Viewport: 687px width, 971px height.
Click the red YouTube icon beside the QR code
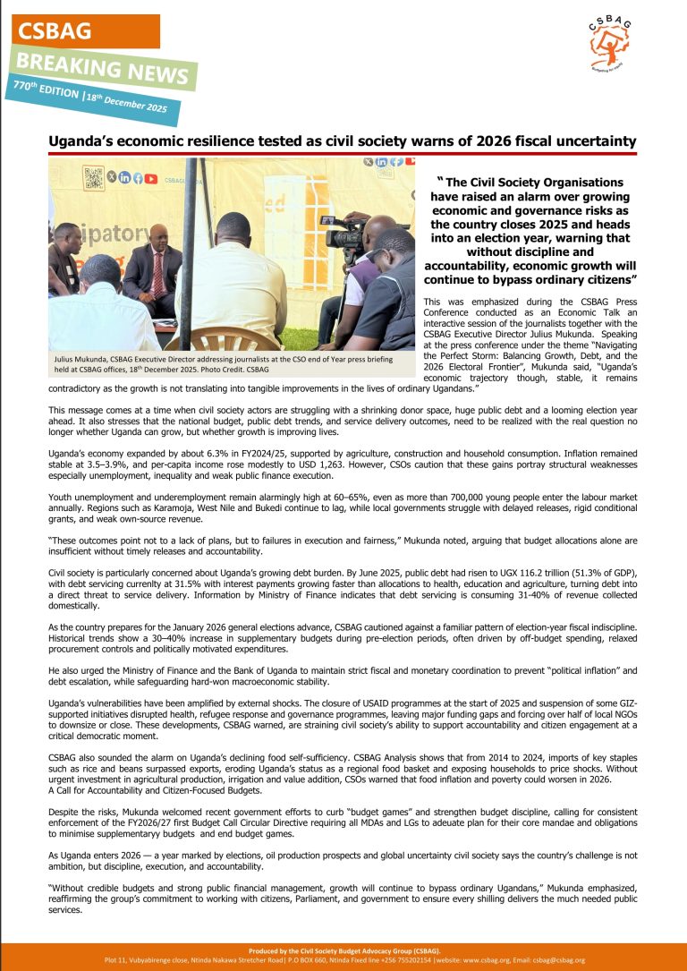pos(151,178)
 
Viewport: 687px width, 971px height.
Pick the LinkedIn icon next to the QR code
pos(124,178)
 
